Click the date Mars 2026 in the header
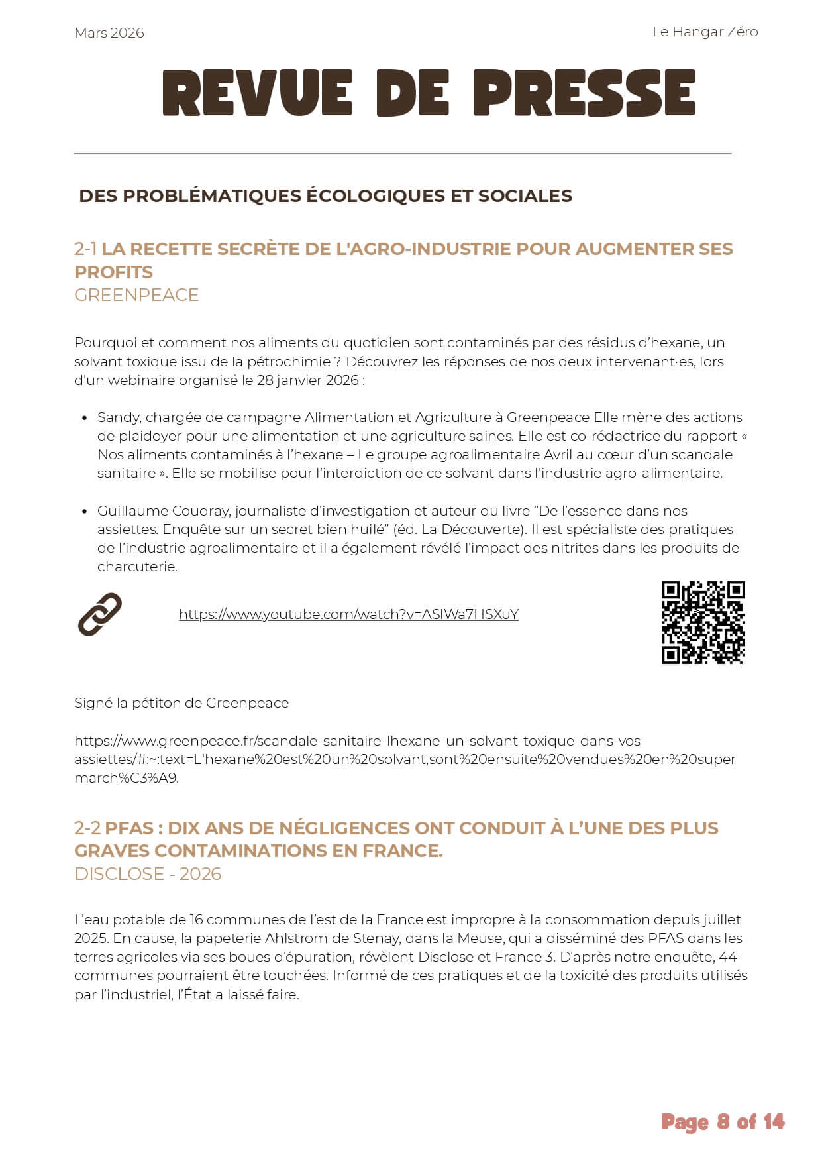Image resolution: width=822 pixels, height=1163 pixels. (x=109, y=33)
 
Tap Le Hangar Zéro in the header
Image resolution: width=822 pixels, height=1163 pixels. (x=705, y=32)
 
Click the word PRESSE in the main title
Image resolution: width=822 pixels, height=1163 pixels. (x=584, y=93)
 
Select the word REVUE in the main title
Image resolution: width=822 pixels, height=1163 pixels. (x=257, y=93)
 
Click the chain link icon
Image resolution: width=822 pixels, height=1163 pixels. (x=100, y=614)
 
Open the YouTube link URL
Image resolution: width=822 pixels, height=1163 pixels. (x=348, y=614)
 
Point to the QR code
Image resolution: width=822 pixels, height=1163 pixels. (x=703, y=622)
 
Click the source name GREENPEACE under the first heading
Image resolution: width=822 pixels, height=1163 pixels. (x=136, y=295)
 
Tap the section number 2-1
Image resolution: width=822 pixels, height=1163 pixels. (x=85, y=249)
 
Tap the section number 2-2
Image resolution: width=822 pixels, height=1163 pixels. (x=87, y=828)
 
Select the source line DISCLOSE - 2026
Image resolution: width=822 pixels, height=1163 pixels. (x=148, y=874)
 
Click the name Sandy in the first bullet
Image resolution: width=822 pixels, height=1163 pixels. (x=117, y=417)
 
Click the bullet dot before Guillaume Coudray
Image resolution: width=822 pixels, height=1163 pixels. (x=84, y=511)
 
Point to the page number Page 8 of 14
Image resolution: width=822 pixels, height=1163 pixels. (x=723, y=1122)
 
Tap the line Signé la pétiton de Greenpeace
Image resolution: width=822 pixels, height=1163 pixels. (x=181, y=703)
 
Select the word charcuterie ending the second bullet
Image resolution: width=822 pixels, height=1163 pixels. (x=136, y=567)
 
